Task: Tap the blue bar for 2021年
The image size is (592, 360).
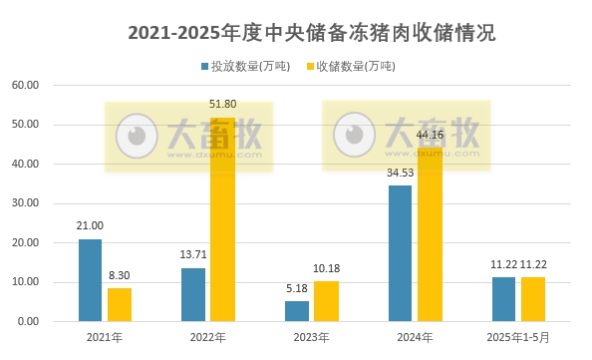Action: [91, 280]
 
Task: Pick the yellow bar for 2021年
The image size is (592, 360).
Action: [120, 304]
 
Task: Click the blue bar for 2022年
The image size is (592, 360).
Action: [193, 294]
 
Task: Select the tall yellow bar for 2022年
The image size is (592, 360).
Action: [222, 220]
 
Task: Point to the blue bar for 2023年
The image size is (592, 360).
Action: [297, 311]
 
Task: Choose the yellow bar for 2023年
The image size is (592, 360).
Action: [326, 301]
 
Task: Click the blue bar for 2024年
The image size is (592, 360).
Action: [401, 253]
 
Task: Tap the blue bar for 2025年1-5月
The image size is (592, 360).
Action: [504, 299]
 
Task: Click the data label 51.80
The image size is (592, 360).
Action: [223, 104]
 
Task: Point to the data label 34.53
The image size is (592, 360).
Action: [400, 174]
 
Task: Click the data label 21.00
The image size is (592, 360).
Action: [91, 226]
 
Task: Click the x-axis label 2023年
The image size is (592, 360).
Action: [311, 337]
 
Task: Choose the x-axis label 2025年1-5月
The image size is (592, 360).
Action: [518, 337]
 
